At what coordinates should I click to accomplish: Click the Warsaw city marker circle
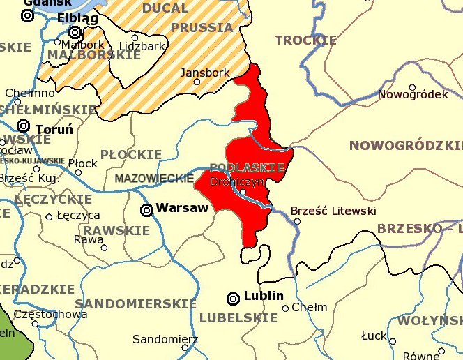coord(147,209)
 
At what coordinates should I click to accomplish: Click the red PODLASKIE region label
coord(247,168)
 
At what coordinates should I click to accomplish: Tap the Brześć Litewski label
coord(333,211)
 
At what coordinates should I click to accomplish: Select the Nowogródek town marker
coord(412,88)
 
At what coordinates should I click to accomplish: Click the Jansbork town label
coord(200,72)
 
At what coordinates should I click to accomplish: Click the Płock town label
coord(84,163)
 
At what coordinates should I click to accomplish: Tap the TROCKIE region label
coord(305,40)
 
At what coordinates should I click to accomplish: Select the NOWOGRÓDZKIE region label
coord(405,146)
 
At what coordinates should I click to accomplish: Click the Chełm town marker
coord(285,308)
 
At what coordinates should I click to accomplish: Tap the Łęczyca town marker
coord(49,217)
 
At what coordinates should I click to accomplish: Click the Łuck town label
coord(374,336)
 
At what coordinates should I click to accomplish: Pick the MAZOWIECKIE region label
coord(153,179)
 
